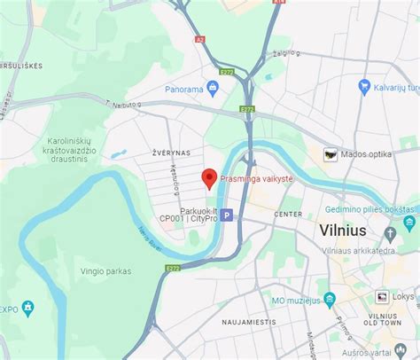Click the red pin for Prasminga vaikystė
pyautogui.click(x=209, y=177)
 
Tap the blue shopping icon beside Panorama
pyautogui.click(x=213, y=88)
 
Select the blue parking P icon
pyautogui.click(x=227, y=215)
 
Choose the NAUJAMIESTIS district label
pyautogui.click(x=251, y=322)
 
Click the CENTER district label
pyautogui.click(x=288, y=215)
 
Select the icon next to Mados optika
pyautogui.click(x=331, y=154)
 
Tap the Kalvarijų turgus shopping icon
pyautogui.click(x=364, y=86)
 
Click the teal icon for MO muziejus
pyautogui.click(x=330, y=299)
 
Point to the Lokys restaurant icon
pyautogui.click(x=382, y=297)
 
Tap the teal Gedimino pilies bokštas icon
pyautogui.click(x=408, y=221)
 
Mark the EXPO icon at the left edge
pyautogui.click(x=27, y=308)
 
